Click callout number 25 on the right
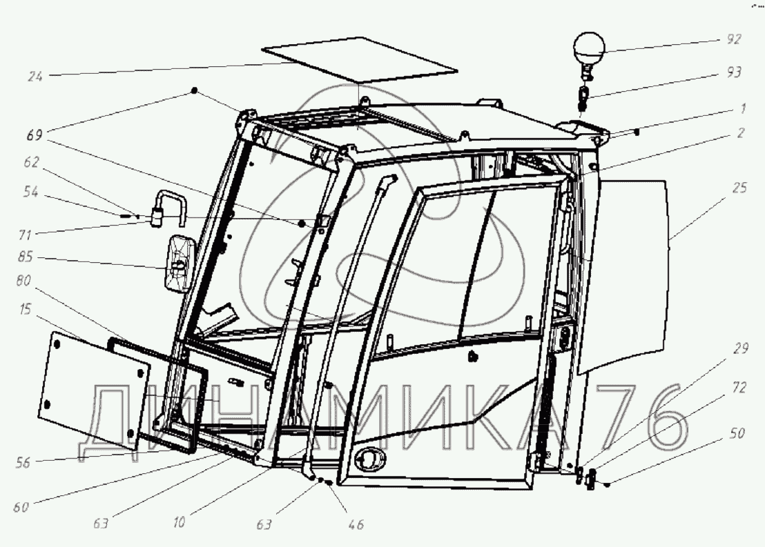[x=739, y=186]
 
